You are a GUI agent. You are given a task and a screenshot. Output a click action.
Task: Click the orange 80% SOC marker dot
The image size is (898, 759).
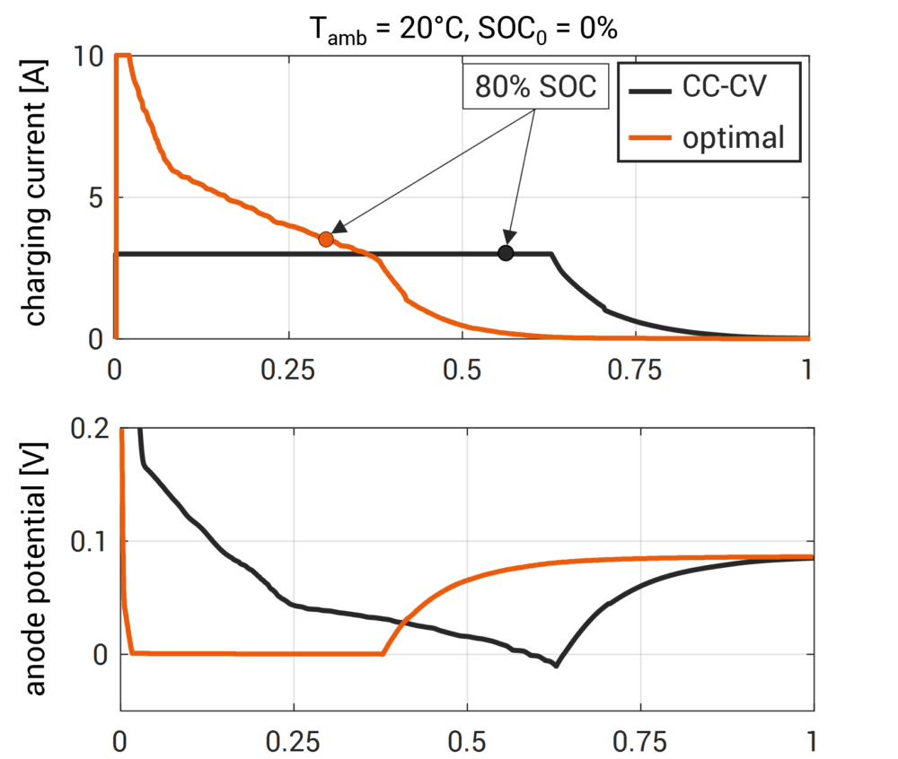pyautogui.click(x=326, y=239)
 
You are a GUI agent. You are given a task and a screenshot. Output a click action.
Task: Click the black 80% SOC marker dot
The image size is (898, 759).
pyautogui.click(x=506, y=254)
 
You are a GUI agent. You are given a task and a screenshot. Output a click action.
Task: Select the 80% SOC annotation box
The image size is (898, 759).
pyautogui.click(x=535, y=88)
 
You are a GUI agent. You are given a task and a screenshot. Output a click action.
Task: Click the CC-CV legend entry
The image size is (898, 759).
pyautogui.click(x=708, y=90)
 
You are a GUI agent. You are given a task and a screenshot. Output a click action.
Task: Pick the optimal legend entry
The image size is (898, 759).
pyautogui.click(x=708, y=137)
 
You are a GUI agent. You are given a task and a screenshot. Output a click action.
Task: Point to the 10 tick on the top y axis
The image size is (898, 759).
pyautogui.click(x=93, y=57)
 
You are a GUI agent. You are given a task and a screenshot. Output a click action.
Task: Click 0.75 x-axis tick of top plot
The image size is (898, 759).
pyautogui.click(x=635, y=370)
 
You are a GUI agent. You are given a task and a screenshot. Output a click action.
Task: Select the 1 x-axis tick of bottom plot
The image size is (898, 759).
pyautogui.click(x=812, y=743)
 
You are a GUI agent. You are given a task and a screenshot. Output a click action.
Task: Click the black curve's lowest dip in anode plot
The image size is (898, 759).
pyautogui.click(x=557, y=666)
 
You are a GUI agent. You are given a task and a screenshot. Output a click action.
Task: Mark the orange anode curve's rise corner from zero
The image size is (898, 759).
pyautogui.click(x=384, y=654)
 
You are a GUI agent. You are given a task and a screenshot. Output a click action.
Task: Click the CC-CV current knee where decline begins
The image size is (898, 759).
pyautogui.click(x=550, y=255)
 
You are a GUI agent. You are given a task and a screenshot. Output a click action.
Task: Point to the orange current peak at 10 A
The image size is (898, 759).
pyautogui.click(x=123, y=56)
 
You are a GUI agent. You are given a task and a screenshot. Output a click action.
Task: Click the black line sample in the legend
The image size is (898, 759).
pyautogui.click(x=649, y=91)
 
